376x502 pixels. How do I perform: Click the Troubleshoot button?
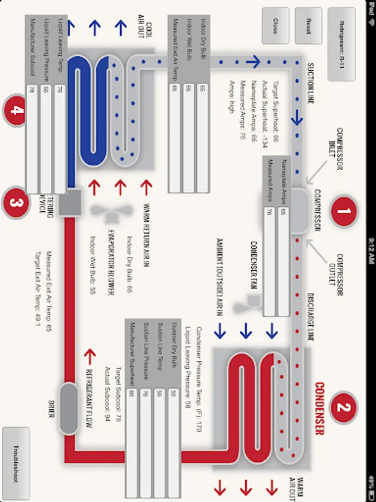click(x=16, y=464)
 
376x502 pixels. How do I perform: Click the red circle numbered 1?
click(x=344, y=211)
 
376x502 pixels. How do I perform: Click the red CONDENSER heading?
click(x=319, y=408)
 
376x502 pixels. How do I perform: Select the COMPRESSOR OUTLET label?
click(x=343, y=269)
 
